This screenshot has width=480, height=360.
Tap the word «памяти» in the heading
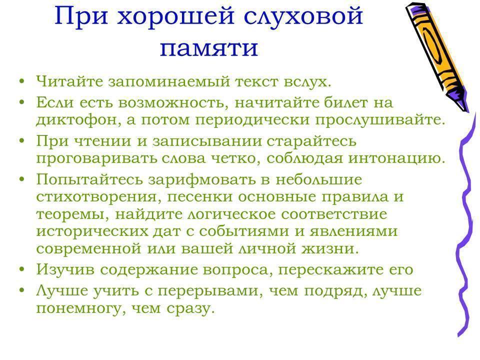[209, 48]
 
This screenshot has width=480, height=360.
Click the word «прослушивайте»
[380, 119]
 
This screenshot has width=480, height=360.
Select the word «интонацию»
[396, 158]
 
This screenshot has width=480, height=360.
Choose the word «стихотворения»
[98, 196]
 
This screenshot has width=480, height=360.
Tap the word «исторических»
[92, 231]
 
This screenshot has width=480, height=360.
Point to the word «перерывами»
[210, 290]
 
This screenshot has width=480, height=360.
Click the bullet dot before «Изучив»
[21, 269]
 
